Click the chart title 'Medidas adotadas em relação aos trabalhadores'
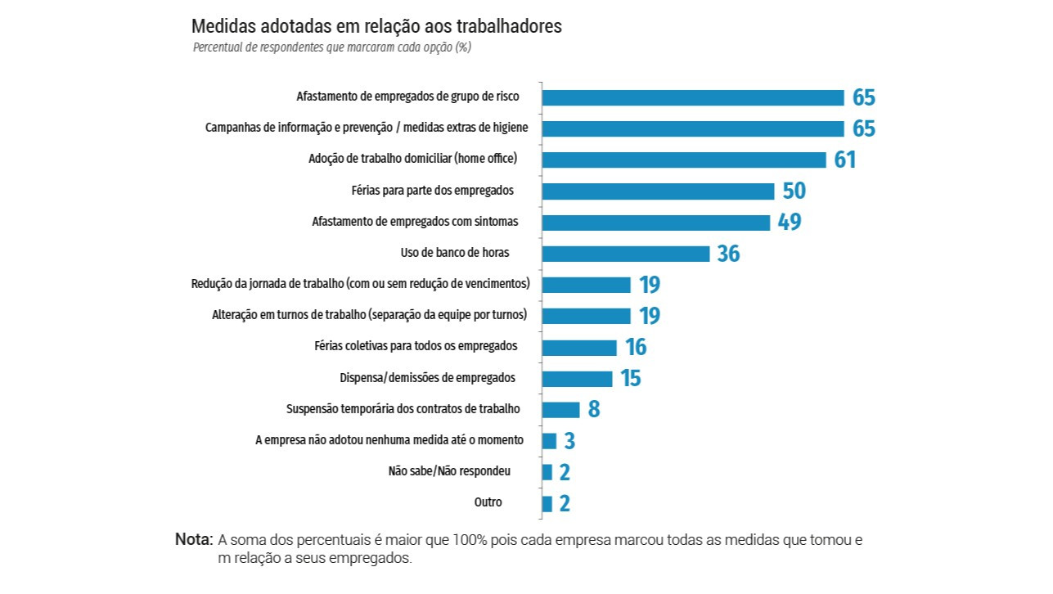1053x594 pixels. coord(376,26)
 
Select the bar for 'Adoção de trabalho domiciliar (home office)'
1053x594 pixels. coord(684,160)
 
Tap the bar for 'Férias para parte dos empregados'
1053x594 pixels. coord(658,191)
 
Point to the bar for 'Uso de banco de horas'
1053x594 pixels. coord(626,254)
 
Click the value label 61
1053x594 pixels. coord(845,160)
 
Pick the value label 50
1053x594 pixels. coord(794,191)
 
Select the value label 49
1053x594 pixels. coord(790,223)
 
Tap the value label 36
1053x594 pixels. coord(728,254)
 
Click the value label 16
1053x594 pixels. coord(636,348)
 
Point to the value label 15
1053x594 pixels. coord(630,379)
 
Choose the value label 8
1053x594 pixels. coord(594,410)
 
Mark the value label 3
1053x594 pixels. coord(569,442)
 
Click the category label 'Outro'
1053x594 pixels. coord(488,502)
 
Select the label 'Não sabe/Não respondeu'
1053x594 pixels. coord(449,471)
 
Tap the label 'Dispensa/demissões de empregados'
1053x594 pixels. coord(427,378)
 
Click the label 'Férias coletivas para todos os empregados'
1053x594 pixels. coord(416,346)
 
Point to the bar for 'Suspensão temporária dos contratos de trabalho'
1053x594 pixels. coord(560,410)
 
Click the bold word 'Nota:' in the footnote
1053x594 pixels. coord(194,540)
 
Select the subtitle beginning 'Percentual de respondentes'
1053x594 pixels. coord(331,47)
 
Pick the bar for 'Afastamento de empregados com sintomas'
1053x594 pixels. coord(656,223)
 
